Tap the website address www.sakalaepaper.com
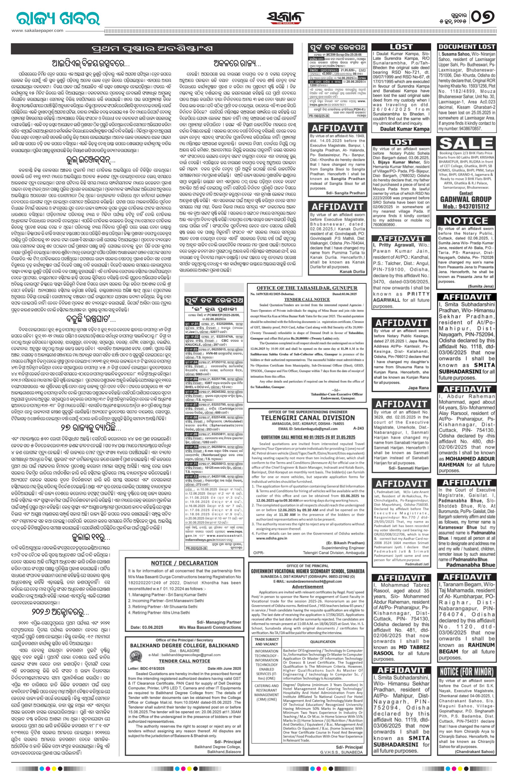(38, 30)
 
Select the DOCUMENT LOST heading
(466, 47)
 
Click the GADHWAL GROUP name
(466, 199)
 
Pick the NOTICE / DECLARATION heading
(184, 563)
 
